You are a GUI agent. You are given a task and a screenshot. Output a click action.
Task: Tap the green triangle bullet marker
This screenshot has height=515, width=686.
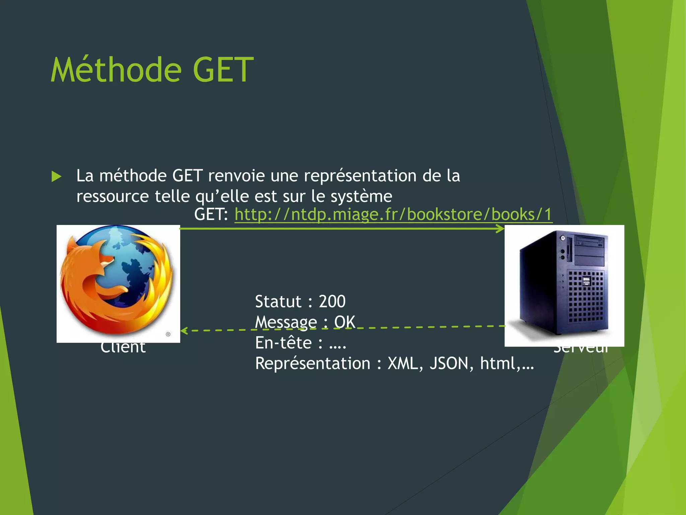tap(57, 176)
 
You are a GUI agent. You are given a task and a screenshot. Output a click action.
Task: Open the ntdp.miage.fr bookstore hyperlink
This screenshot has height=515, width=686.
tap(393, 214)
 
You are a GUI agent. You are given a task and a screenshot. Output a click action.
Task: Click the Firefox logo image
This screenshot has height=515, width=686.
tap(118, 283)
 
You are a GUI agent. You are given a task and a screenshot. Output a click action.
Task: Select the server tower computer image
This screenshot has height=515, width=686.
tap(564, 285)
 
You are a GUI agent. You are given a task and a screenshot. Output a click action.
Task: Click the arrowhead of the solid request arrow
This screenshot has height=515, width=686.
tap(500, 229)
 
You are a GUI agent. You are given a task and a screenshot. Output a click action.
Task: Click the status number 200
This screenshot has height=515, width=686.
tap(332, 301)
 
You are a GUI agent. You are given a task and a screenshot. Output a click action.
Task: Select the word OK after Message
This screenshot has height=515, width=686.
tap(344, 322)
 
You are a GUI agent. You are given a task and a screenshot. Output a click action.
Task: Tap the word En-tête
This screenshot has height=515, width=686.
tap(283, 343)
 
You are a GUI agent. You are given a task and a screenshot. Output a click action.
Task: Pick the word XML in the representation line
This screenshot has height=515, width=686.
tap(403, 363)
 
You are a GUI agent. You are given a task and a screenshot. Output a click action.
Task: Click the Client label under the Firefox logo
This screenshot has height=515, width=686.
tap(123, 348)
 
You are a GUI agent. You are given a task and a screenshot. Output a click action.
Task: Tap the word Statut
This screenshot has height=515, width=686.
tap(278, 301)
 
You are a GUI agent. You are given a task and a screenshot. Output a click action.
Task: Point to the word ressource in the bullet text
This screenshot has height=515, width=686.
tap(113, 196)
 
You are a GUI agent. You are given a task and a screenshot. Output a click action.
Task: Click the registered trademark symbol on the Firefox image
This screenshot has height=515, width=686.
tap(168, 334)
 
